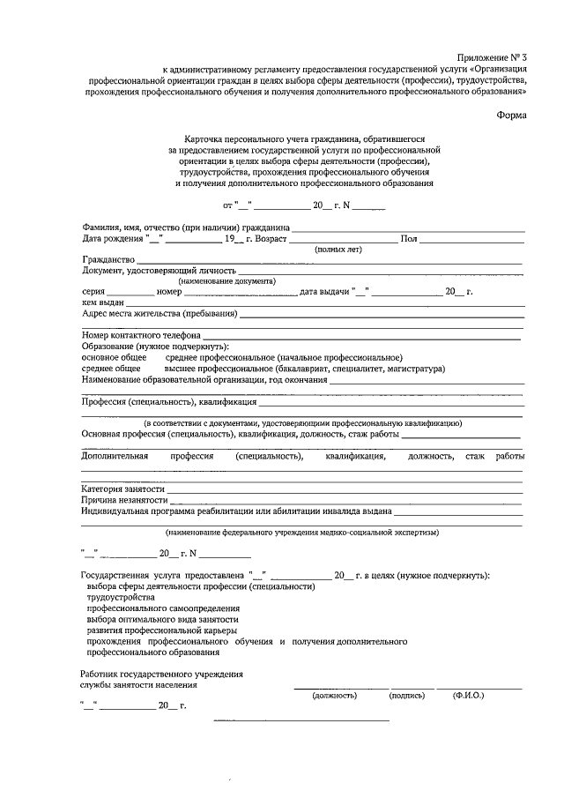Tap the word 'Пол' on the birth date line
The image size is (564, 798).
coord(409,238)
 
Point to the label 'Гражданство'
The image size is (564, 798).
coord(108,260)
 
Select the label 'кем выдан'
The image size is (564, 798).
coord(101,302)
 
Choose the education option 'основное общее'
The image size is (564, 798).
coord(114,357)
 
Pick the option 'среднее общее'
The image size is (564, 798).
coord(111,369)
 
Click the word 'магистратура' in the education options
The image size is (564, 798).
coord(415,369)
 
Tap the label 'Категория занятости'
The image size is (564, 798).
coord(122,488)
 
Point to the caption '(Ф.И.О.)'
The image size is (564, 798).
coord(468,696)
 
